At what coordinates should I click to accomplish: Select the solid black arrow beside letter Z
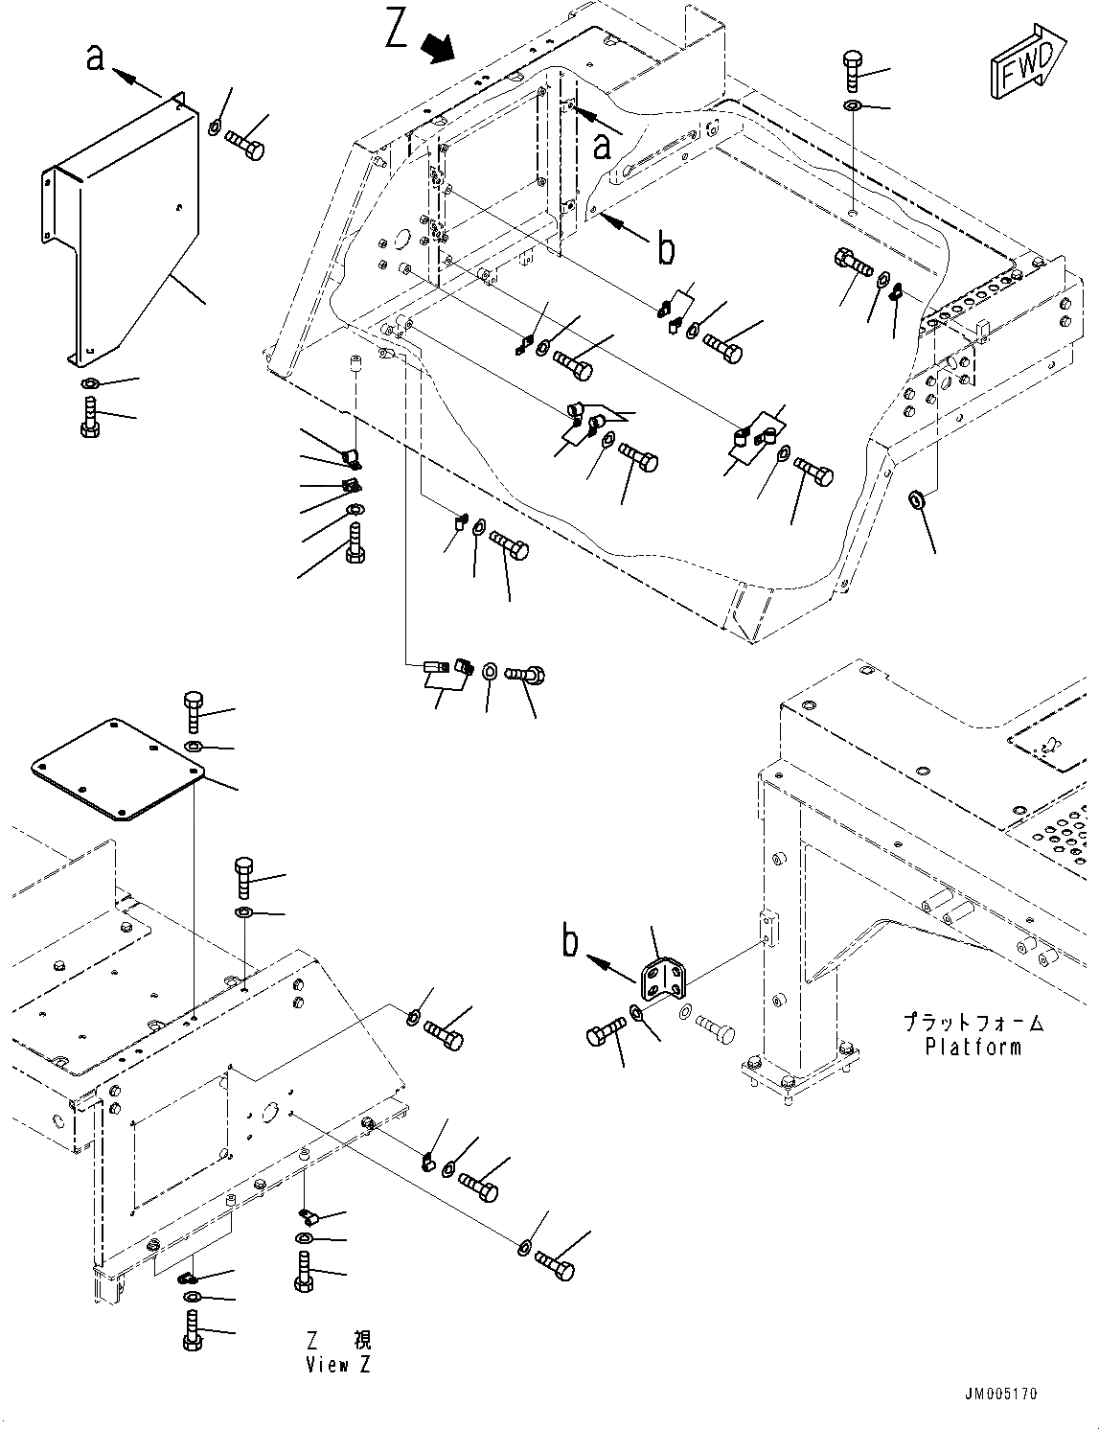(440, 48)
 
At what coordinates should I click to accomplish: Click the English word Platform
(973, 1047)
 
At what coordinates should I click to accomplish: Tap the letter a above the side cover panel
(95, 58)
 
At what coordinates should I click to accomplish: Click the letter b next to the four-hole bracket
(571, 942)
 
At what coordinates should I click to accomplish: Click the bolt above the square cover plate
(192, 710)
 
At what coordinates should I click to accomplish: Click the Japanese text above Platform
(973, 1024)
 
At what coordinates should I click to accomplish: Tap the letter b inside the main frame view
(665, 249)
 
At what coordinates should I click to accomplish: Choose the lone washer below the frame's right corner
(916, 499)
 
